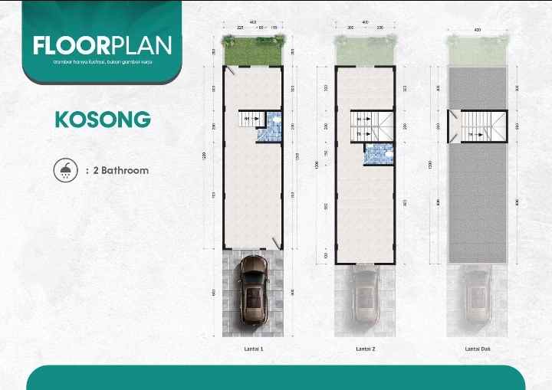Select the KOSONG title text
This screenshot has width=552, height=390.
102,120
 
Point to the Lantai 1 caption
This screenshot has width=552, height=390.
252,349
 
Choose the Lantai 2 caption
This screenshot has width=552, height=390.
365,349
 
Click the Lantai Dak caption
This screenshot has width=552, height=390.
477,349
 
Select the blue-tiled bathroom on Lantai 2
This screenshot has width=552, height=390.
379,154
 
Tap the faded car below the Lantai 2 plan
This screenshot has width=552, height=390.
366,295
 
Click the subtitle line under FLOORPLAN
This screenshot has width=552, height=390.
102,61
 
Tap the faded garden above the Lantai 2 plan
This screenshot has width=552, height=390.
365,51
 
